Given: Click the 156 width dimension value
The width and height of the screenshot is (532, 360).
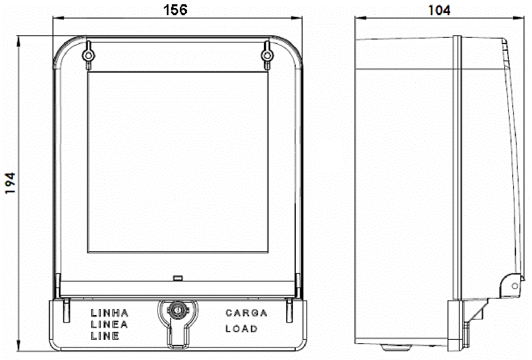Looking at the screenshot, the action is click(176, 10).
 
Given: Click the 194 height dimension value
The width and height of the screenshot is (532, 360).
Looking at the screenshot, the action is click(10, 183).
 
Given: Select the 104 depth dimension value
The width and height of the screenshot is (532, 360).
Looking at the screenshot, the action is click(439, 10).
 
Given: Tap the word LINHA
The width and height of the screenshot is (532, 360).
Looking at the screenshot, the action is click(110, 313).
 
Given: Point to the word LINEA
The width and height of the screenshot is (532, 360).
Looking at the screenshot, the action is click(109, 324).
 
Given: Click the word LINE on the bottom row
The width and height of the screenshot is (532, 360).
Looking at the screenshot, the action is click(105, 336).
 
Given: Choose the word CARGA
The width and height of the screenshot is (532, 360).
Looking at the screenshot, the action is click(246, 313).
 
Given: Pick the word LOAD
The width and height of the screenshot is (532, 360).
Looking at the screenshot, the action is click(241, 328).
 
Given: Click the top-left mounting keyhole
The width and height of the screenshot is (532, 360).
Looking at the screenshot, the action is click(88, 55).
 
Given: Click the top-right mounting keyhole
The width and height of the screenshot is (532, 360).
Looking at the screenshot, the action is click(267, 55).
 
